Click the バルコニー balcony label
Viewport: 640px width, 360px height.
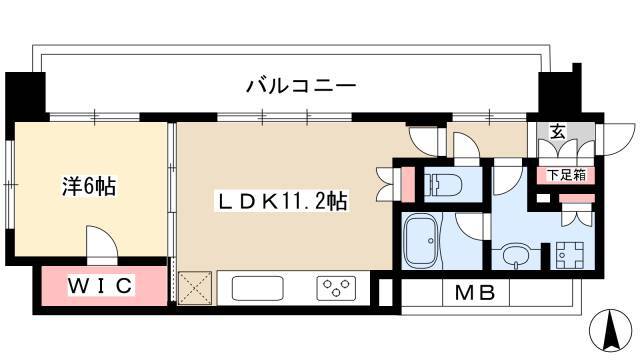point(301,86)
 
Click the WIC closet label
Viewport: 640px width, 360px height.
point(100,287)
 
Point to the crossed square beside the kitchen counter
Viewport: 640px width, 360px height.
point(192,288)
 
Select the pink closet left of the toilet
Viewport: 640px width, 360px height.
point(407,184)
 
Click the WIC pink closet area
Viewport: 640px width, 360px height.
point(60,288)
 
